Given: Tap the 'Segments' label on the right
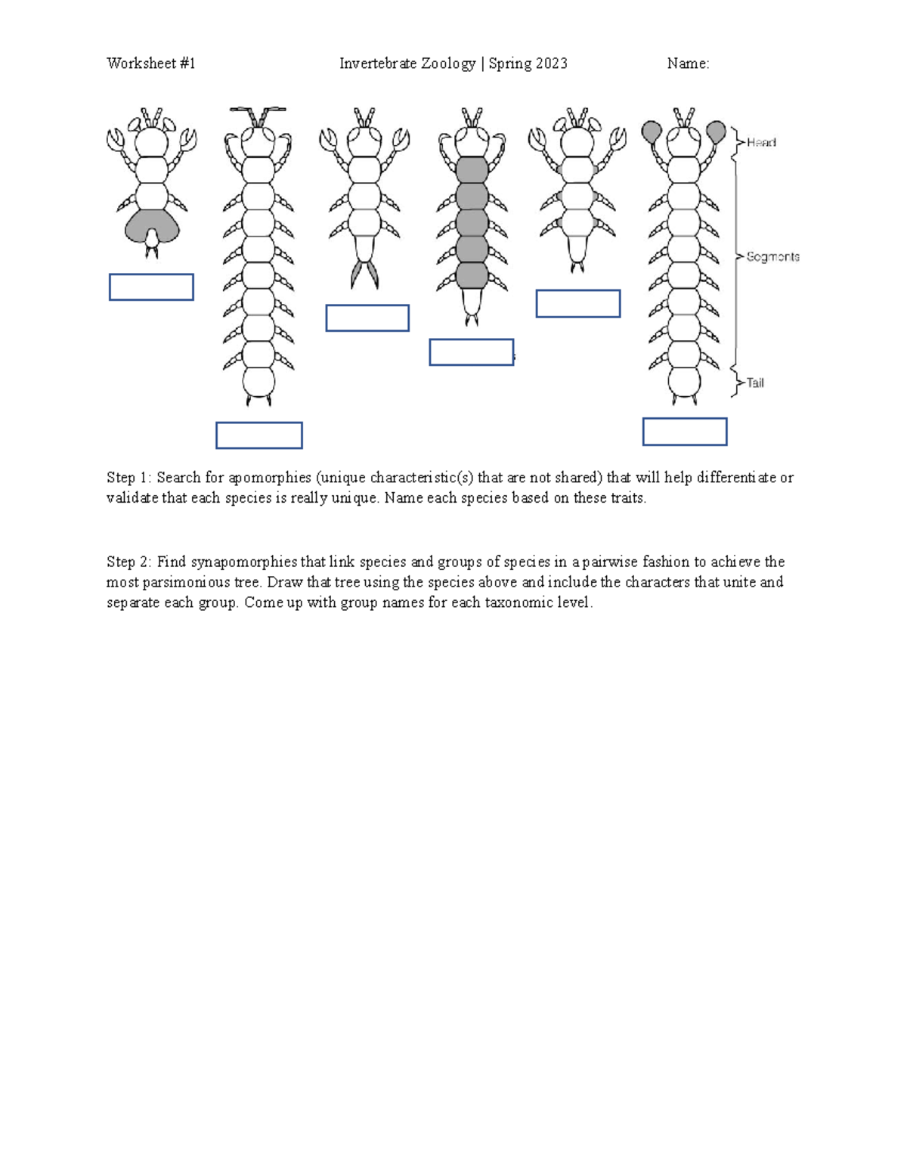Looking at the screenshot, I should pos(772,257).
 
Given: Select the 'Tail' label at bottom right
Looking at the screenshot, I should pos(755,383).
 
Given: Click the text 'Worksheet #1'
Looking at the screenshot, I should pos(151,64).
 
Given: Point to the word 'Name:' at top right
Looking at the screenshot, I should pos(688,64).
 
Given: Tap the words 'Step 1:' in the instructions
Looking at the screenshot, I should pos(129,478).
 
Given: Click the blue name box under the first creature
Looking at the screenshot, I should pos(151,287).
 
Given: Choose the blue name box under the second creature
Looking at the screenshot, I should pos(259,435).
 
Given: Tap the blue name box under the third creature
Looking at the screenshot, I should pos(367,318).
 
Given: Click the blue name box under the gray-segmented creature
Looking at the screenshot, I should pos(472,352).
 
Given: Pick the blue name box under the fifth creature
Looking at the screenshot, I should pos(578,304).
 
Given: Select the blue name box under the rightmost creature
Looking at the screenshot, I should pos(685,432).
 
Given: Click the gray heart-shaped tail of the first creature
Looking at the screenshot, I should pos(152,225).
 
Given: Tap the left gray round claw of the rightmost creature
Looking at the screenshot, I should pos(652,132).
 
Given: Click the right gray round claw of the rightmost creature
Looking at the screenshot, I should pos(716,132).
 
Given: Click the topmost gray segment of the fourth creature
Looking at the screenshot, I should pos(472,169).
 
